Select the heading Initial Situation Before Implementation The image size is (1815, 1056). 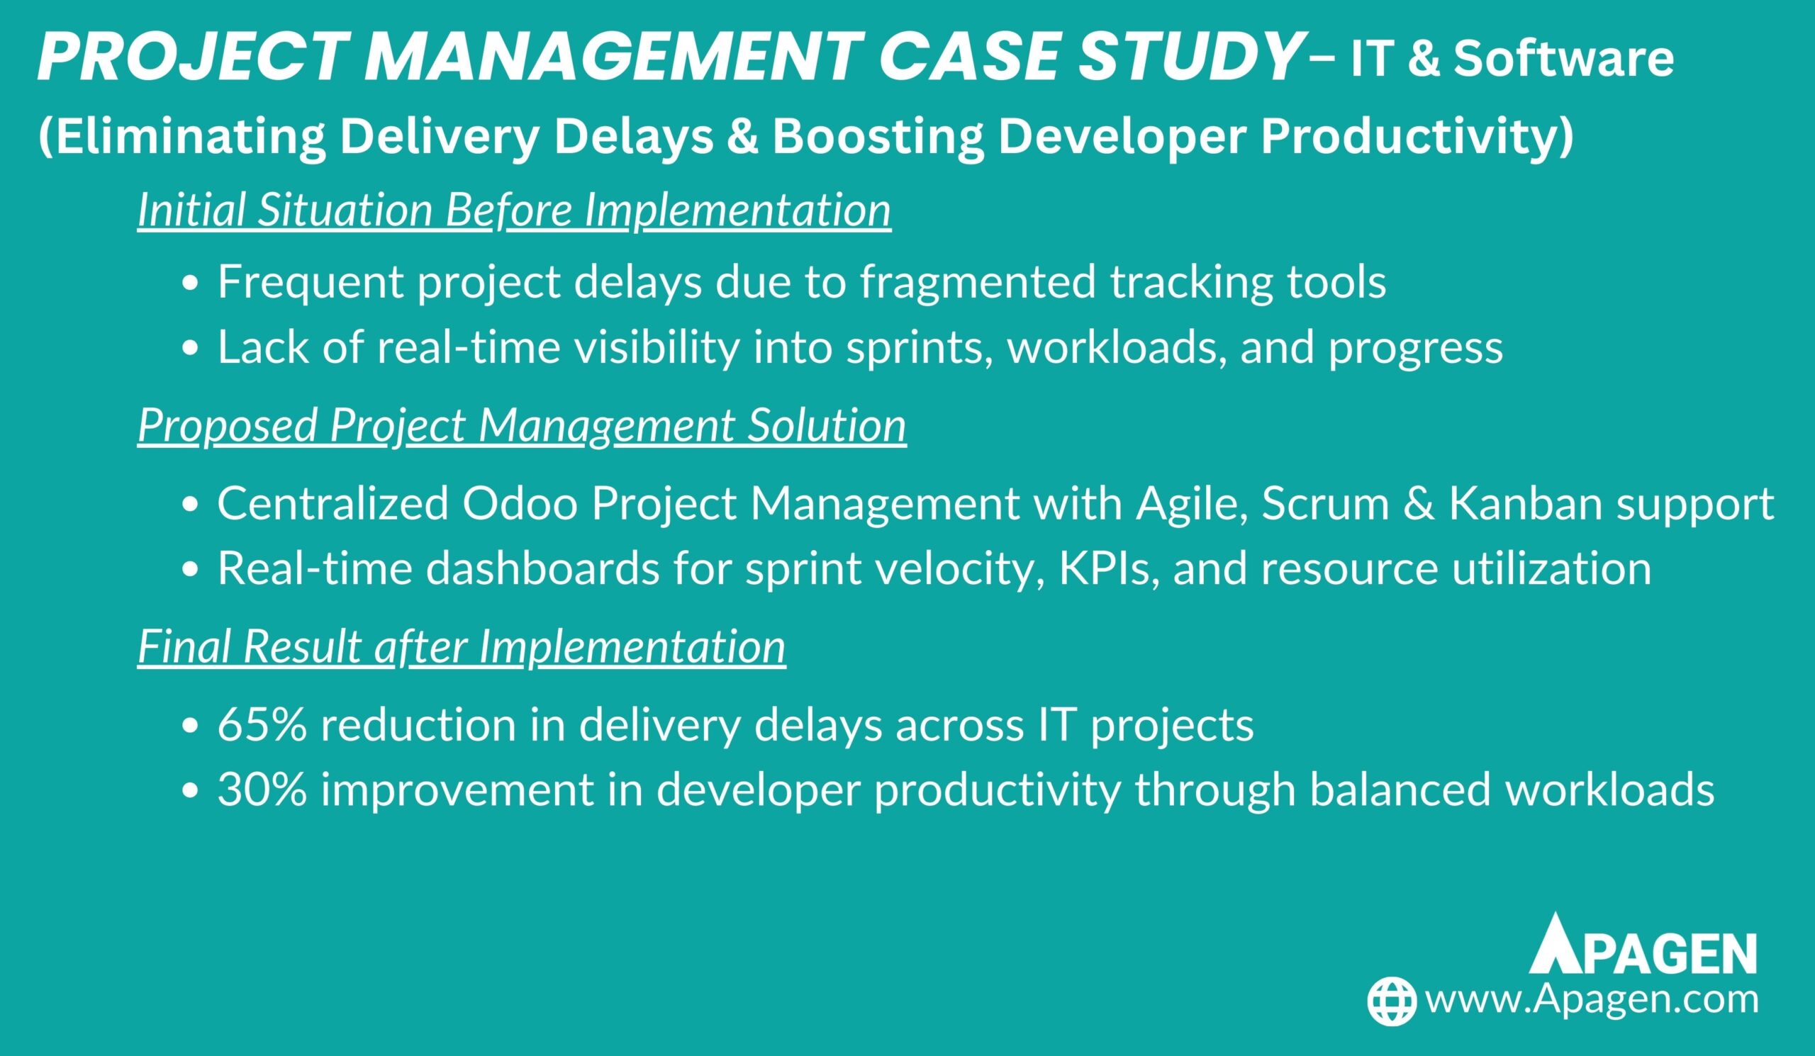pos(514,210)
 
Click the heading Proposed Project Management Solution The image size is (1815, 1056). pos(521,425)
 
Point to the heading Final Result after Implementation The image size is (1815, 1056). pos(462,646)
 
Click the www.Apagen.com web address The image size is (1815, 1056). pos(1592,1000)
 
